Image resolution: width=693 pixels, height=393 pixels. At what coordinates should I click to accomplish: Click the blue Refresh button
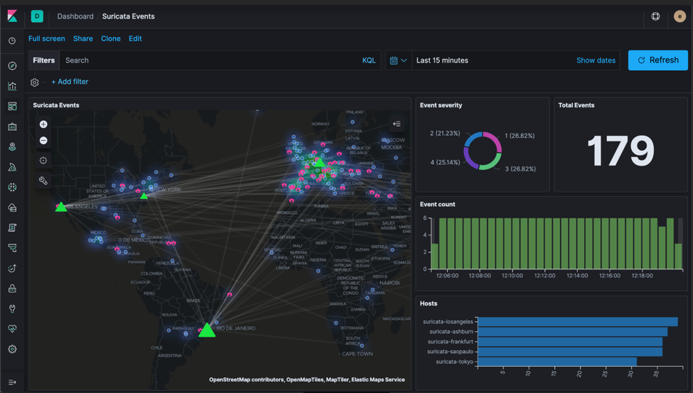(x=657, y=60)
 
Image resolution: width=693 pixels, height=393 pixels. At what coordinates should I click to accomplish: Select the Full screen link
(x=46, y=38)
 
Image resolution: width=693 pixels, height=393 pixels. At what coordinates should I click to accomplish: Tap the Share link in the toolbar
(x=83, y=38)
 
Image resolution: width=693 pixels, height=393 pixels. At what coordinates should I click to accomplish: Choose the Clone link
(x=110, y=38)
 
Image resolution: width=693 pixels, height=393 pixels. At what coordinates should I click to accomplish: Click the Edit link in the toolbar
(x=135, y=38)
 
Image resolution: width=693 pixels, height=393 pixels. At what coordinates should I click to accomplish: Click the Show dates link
(x=596, y=60)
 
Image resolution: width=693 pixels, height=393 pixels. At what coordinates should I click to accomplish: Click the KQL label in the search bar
(x=369, y=60)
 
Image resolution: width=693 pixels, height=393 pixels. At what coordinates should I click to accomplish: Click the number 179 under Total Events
(x=620, y=151)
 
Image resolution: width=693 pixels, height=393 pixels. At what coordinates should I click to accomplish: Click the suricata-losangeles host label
(x=448, y=322)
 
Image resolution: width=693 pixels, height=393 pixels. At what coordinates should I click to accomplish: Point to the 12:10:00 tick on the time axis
(x=512, y=276)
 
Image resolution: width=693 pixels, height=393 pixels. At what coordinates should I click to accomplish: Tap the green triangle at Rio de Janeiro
(x=206, y=330)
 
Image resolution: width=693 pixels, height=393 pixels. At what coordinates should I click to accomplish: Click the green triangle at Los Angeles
(x=61, y=207)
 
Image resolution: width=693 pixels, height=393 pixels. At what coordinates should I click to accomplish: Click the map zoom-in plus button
(x=43, y=124)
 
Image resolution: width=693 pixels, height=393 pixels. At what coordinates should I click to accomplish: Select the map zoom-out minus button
(x=43, y=141)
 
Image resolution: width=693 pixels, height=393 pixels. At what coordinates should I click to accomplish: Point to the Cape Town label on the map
(x=357, y=353)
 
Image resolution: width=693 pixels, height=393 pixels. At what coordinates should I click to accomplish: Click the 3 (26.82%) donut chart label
(x=519, y=169)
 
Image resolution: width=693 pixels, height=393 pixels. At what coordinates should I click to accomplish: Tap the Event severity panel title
(x=441, y=105)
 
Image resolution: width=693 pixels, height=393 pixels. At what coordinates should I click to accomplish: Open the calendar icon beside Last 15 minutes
(x=393, y=60)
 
